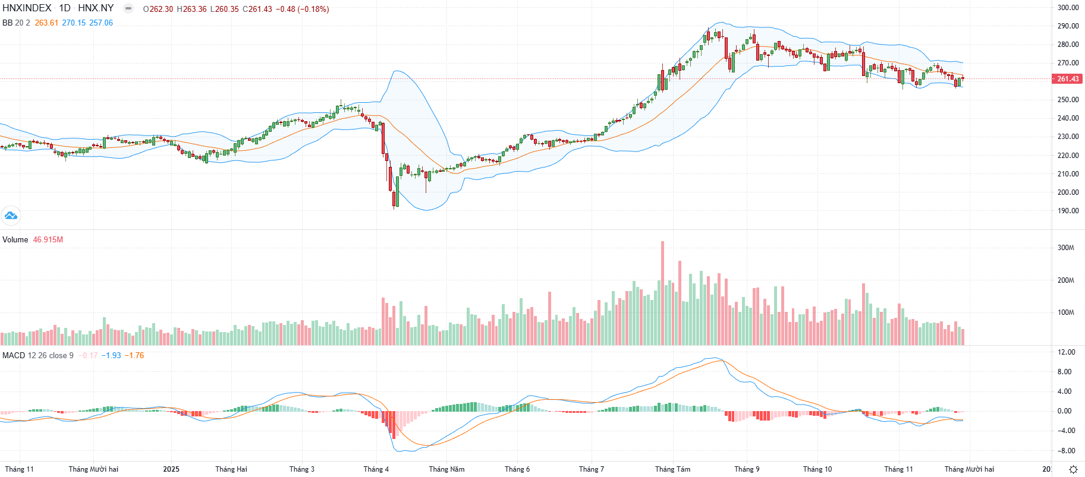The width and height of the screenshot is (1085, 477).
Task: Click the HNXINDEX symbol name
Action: tap(27, 8)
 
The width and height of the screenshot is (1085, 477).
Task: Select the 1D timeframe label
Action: tap(64, 8)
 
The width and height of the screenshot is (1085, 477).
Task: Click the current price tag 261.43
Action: tap(1068, 79)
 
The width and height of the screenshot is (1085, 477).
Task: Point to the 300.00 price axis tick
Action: tap(1068, 8)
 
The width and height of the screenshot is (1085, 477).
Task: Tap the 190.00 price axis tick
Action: tap(1068, 211)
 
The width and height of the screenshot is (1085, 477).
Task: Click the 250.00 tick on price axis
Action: tap(1068, 100)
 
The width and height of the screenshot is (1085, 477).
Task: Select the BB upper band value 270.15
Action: tap(74, 23)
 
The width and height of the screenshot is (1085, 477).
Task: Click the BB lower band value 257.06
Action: tap(101, 23)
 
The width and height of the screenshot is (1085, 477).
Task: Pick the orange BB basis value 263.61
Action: tap(46, 23)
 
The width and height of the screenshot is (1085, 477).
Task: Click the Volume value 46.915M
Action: tap(48, 240)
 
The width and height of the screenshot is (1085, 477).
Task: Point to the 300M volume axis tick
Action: tap(1065, 248)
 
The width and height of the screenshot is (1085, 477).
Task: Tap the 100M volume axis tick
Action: tap(1065, 312)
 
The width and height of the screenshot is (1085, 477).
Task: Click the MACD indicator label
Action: tap(14, 356)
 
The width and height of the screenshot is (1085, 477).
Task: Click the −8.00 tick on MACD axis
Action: tap(1065, 451)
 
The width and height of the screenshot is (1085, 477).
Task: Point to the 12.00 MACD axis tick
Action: tap(1067, 352)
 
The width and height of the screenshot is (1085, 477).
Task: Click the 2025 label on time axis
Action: tap(171, 469)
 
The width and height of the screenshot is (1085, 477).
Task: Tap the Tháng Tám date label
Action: tap(672, 469)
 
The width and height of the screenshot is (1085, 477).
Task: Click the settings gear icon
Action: tap(1073, 469)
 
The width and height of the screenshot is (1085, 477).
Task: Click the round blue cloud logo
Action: tap(11, 216)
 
